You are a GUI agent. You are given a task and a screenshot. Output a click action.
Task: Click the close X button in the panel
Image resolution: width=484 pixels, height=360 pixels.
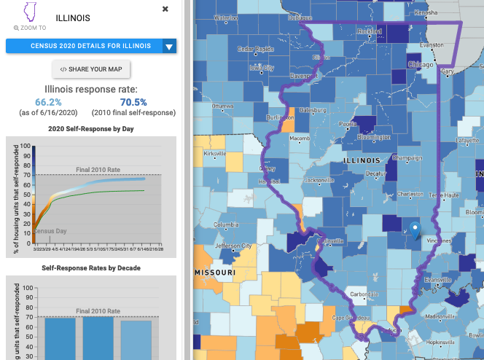click(165, 9)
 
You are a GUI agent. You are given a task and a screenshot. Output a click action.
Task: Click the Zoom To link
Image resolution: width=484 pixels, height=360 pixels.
click(30, 28)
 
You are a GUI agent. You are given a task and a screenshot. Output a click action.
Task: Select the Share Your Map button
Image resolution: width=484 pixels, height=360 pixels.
click(91, 69)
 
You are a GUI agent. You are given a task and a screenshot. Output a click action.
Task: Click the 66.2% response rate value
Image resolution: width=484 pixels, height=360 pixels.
click(48, 102)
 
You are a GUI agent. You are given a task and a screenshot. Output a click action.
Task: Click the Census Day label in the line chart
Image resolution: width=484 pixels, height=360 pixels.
click(51, 231)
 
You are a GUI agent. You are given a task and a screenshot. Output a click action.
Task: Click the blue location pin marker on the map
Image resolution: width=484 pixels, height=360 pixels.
click(415, 230)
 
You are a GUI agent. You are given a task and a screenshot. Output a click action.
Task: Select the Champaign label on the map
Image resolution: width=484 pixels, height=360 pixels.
click(407, 157)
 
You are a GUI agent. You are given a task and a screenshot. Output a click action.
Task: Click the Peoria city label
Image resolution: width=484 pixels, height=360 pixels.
click(347, 125)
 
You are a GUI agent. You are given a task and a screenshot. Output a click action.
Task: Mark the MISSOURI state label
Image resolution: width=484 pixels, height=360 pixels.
click(216, 273)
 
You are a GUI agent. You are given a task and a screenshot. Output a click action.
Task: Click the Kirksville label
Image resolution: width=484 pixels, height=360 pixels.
click(215, 154)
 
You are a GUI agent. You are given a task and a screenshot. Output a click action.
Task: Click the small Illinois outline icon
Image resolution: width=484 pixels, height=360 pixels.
click(30, 12)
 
